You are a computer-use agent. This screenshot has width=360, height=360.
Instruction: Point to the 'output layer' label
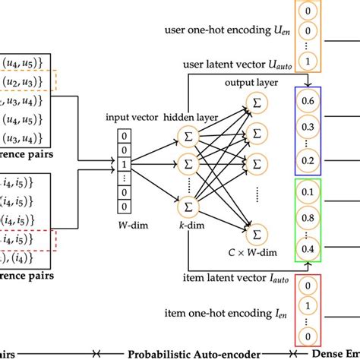tap(249, 82)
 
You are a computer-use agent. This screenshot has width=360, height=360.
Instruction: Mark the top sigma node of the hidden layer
tap(186, 135)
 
